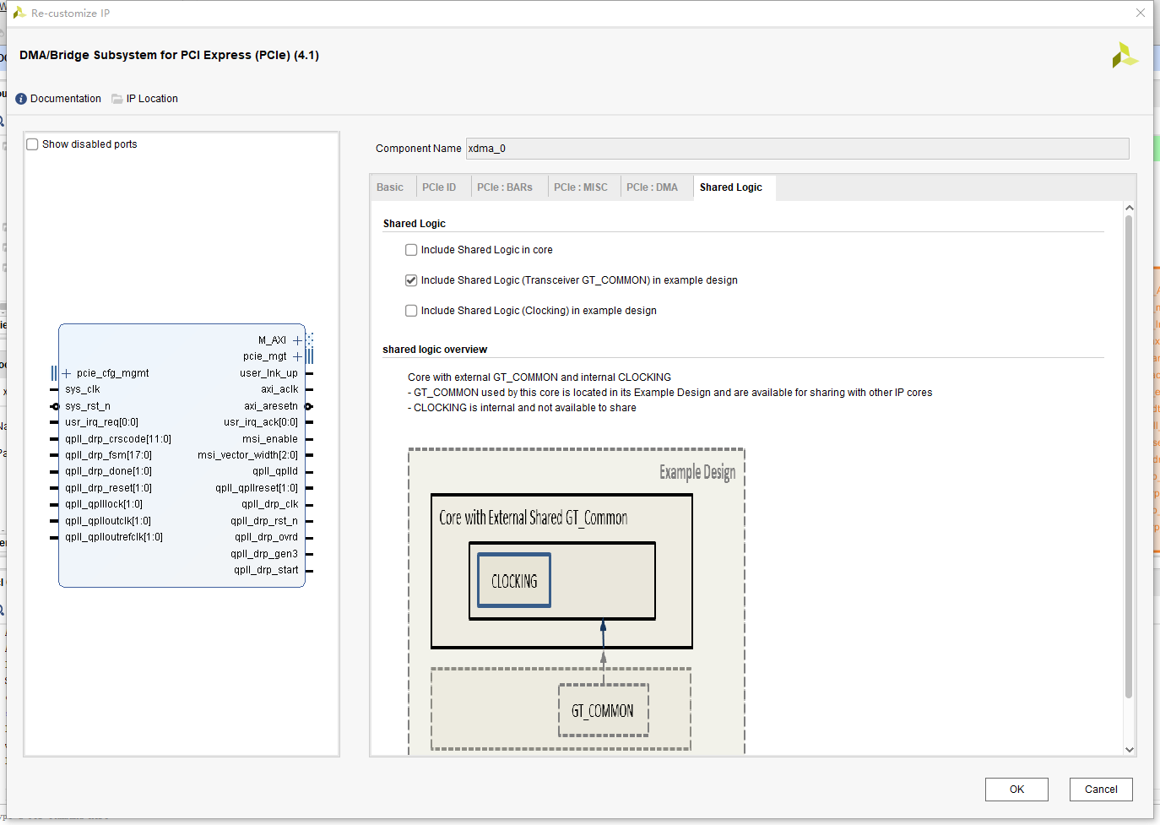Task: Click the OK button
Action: pyautogui.click(x=1016, y=790)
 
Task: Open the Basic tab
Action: pyautogui.click(x=390, y=187)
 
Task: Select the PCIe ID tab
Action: pyautogui.click(x=439, y=187)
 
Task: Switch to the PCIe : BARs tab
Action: pyautogui.click(x=505, y=187)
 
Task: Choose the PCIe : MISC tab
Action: pyautogui.click(x=581, y=187)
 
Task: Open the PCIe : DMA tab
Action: pyautogui.click(x=652, y=187)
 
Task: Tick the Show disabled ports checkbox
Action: pyautogui.click(x=33, y=144)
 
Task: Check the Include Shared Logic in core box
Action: pyautogui.click(x=411, y=250)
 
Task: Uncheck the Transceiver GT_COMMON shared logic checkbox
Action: pyautogui.click(x=411, y=280)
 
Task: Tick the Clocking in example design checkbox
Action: pyautogui.click(x=411, y=311)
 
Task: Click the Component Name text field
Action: pyautogui.click(x=797, y=149)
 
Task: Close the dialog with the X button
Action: pyautogui.click(x=1141, y=13)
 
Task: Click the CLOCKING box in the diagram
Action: pyautogui.click(x=514, y=581)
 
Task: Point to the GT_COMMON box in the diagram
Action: pyautogui.click(x=603, y=711)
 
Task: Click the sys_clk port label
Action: pyautogui.click(x=83, y=389)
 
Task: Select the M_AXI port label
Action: pyautogui.click(x=272, y=340)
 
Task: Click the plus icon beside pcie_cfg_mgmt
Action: pyautogui.click(x=67, y=373)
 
